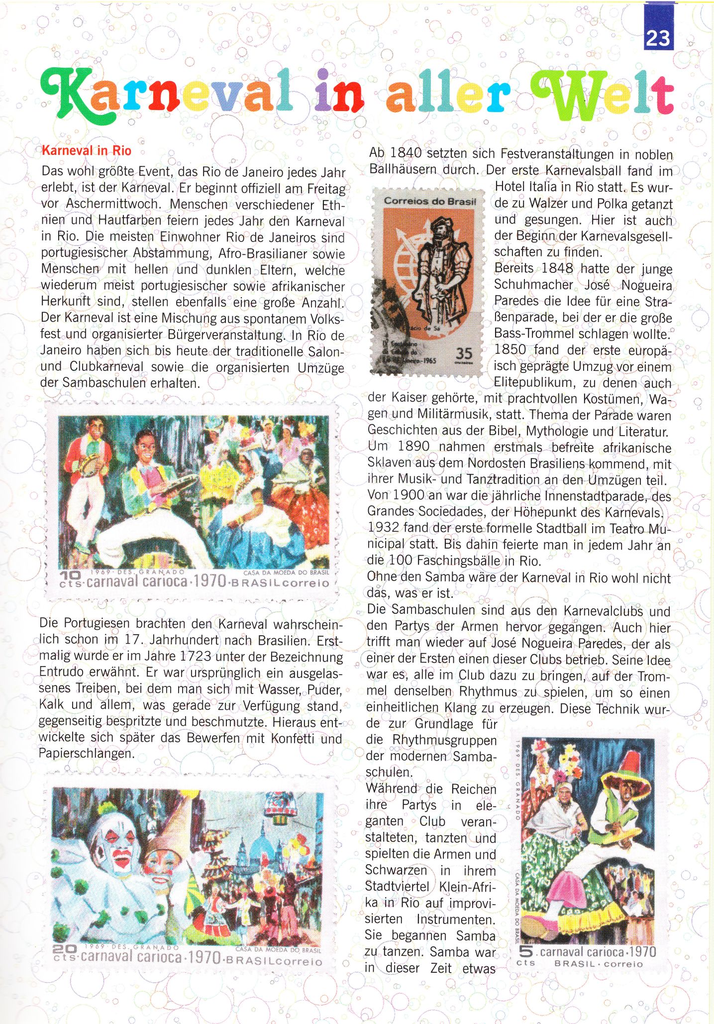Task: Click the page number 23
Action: tap(658, 37)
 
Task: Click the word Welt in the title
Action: tap(602, 95)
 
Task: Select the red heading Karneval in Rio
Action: tap(87, 151)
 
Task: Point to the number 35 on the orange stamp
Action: tap(464, 353)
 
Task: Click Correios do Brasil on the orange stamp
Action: tap(430, 202)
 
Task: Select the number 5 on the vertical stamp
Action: tap(525, 951)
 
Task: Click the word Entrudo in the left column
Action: tap(62, 672)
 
